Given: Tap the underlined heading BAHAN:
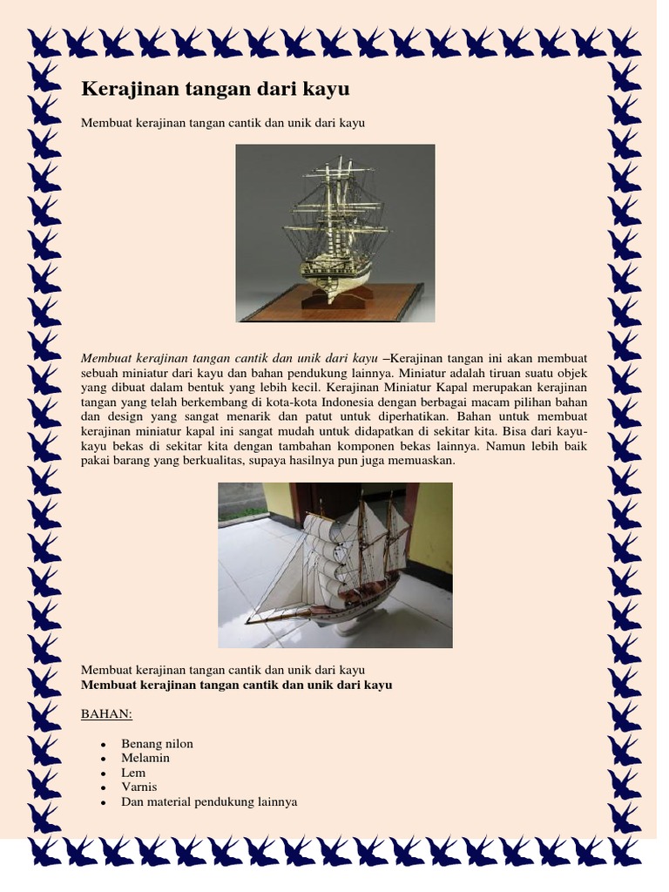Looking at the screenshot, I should (x=106, y=715).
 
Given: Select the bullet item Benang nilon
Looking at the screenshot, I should (x=158, y=744).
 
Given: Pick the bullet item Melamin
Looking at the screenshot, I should (x=145, y=758).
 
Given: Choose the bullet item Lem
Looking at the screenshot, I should (x=133, y=773).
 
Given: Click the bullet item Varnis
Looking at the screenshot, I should (x=139, y=787).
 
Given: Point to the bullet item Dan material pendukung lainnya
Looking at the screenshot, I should (x=209, y=801).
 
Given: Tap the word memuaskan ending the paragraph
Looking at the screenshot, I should (x=421, y=461).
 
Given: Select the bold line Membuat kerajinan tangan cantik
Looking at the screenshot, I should (x=236, y=686).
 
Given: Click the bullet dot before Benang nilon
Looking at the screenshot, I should (x=103, y=745).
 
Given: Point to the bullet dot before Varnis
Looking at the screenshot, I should (x=103, y=787).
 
